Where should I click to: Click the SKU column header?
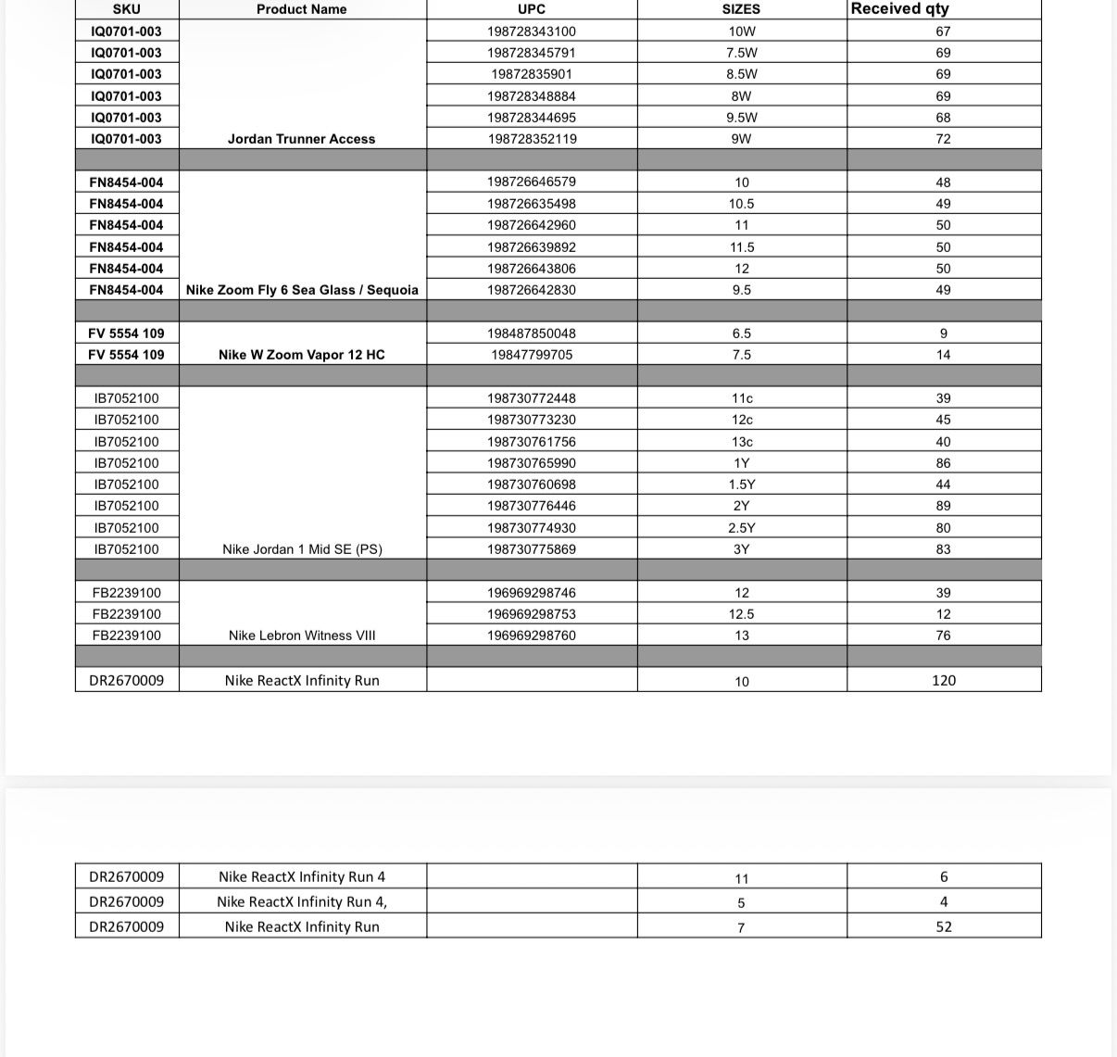(126, 9)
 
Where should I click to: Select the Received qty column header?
(899, 8)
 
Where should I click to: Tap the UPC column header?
(532, 9)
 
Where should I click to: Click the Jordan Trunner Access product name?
(301, 139)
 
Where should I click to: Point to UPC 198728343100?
(532, 31)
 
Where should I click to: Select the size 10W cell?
(741, 31)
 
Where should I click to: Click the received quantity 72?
(943, 139)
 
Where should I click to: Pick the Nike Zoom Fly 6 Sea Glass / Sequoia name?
(302, 290)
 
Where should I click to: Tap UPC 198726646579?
(532, 182)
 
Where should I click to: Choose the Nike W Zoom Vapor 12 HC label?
(301, 355)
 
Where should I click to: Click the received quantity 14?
(943, 355)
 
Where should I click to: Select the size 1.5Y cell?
(741, 484)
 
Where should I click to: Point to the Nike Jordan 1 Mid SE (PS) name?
(302, 549)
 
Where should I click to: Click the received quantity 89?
(943, 506)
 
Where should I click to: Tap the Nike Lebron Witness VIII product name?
(302, 635)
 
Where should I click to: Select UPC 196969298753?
(532, 614)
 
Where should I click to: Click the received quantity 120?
(943, 681)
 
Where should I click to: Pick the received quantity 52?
(943, 926)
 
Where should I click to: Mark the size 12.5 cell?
(741, 614)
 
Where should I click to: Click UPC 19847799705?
(532, 355)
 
